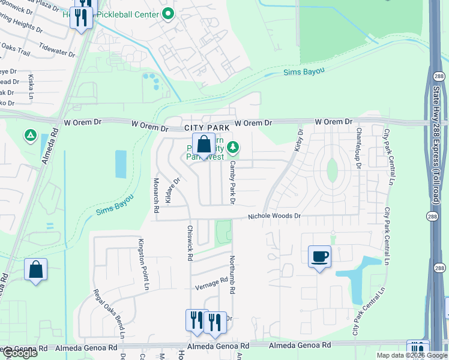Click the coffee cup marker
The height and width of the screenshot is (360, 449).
coord(319,257)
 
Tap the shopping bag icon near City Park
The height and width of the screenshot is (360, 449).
coord(203,145)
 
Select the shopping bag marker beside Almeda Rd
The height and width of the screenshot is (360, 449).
coord(35,269)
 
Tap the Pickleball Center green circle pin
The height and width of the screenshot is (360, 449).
coord(169,14)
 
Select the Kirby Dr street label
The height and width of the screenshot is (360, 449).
coord(300,139)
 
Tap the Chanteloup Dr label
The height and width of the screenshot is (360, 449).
coord(358,147)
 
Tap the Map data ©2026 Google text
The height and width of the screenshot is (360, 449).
coord(411,355)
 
